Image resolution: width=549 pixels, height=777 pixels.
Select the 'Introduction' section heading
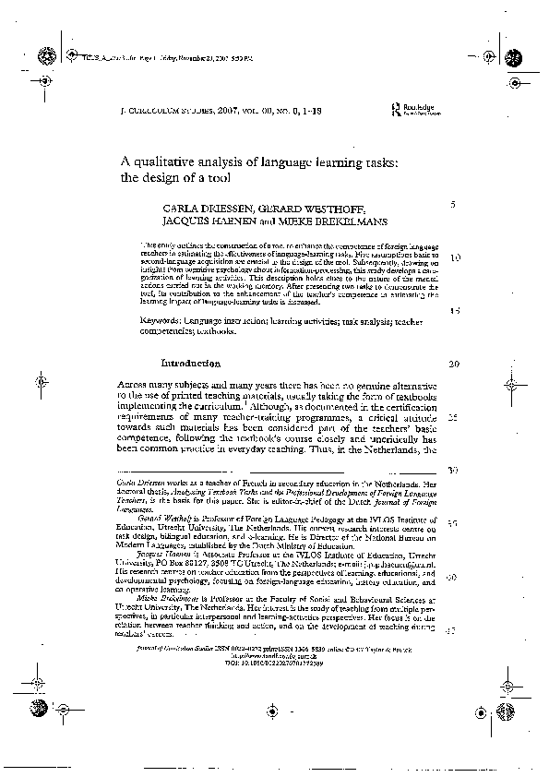pyautogui.click(x=190, y=364)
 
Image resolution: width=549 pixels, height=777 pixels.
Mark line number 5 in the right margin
pyautogui.click(x=452, y=204)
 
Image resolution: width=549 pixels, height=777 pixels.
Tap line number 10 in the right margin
pyautogui.click(x=454, y=257)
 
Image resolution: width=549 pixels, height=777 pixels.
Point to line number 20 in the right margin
pyautogui.click(x=453, y=364)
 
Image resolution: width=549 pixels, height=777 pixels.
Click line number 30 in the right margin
pyautogui.click(x=453, y=470)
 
